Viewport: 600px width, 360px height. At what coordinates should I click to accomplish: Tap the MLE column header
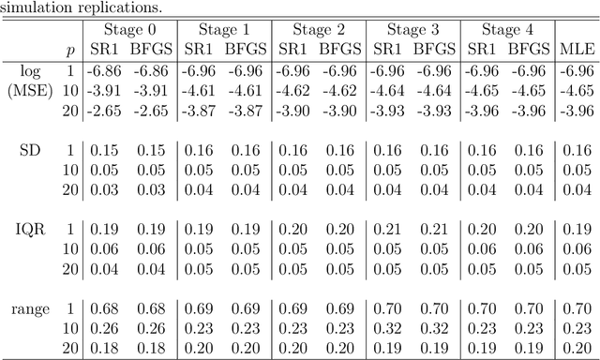575,49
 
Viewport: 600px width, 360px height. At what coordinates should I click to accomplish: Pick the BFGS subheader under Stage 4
531,49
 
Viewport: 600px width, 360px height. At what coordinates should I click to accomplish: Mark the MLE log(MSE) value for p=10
576,90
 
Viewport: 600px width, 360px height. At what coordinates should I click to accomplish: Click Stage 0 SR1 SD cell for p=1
101,149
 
